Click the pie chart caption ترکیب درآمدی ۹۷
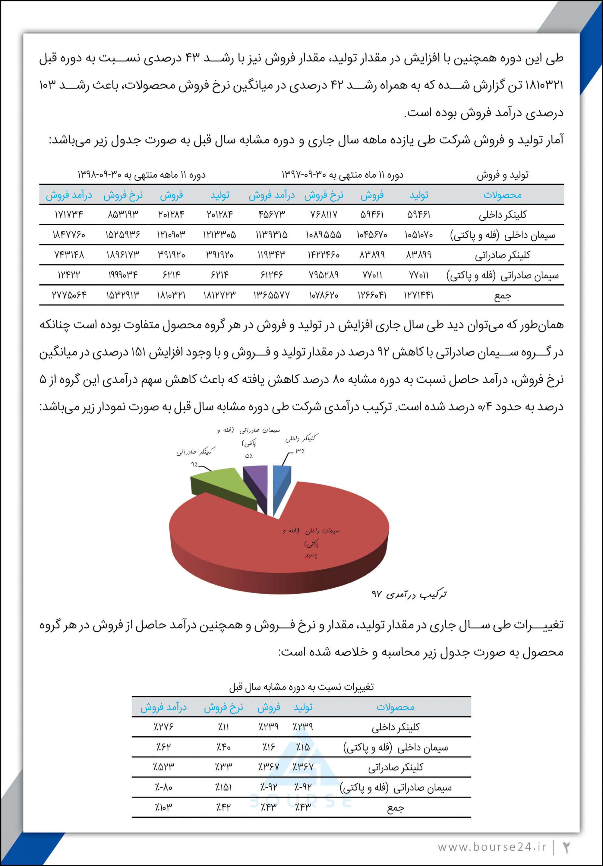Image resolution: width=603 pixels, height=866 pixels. pyautogui.click(x=409, y=594)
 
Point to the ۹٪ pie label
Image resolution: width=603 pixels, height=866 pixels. pyautogui.click(x=194, y=464)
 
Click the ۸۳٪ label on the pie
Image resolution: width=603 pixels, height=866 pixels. pyautogui.click(x=311, y=556)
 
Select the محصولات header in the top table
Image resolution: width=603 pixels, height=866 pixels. pyautogui.click(x=502, y=195)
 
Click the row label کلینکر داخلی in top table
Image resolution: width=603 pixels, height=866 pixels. pyautogui.click(x=502, y=215)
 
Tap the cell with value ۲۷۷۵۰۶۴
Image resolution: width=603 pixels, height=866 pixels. pyautogui.click(x=69, y=295)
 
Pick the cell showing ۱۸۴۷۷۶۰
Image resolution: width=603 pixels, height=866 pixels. pyautogui.click(x=69, y=235)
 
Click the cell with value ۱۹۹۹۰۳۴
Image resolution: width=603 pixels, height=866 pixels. pyautogui.click(x=123, y=275)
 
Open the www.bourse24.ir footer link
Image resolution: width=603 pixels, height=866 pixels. pyautogui.click(x=492, y=846)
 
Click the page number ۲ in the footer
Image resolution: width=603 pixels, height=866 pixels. pyautogui.click(x=567, y=847)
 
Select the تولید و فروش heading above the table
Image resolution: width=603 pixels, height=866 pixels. pyautogui.click(x=502, y=175)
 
